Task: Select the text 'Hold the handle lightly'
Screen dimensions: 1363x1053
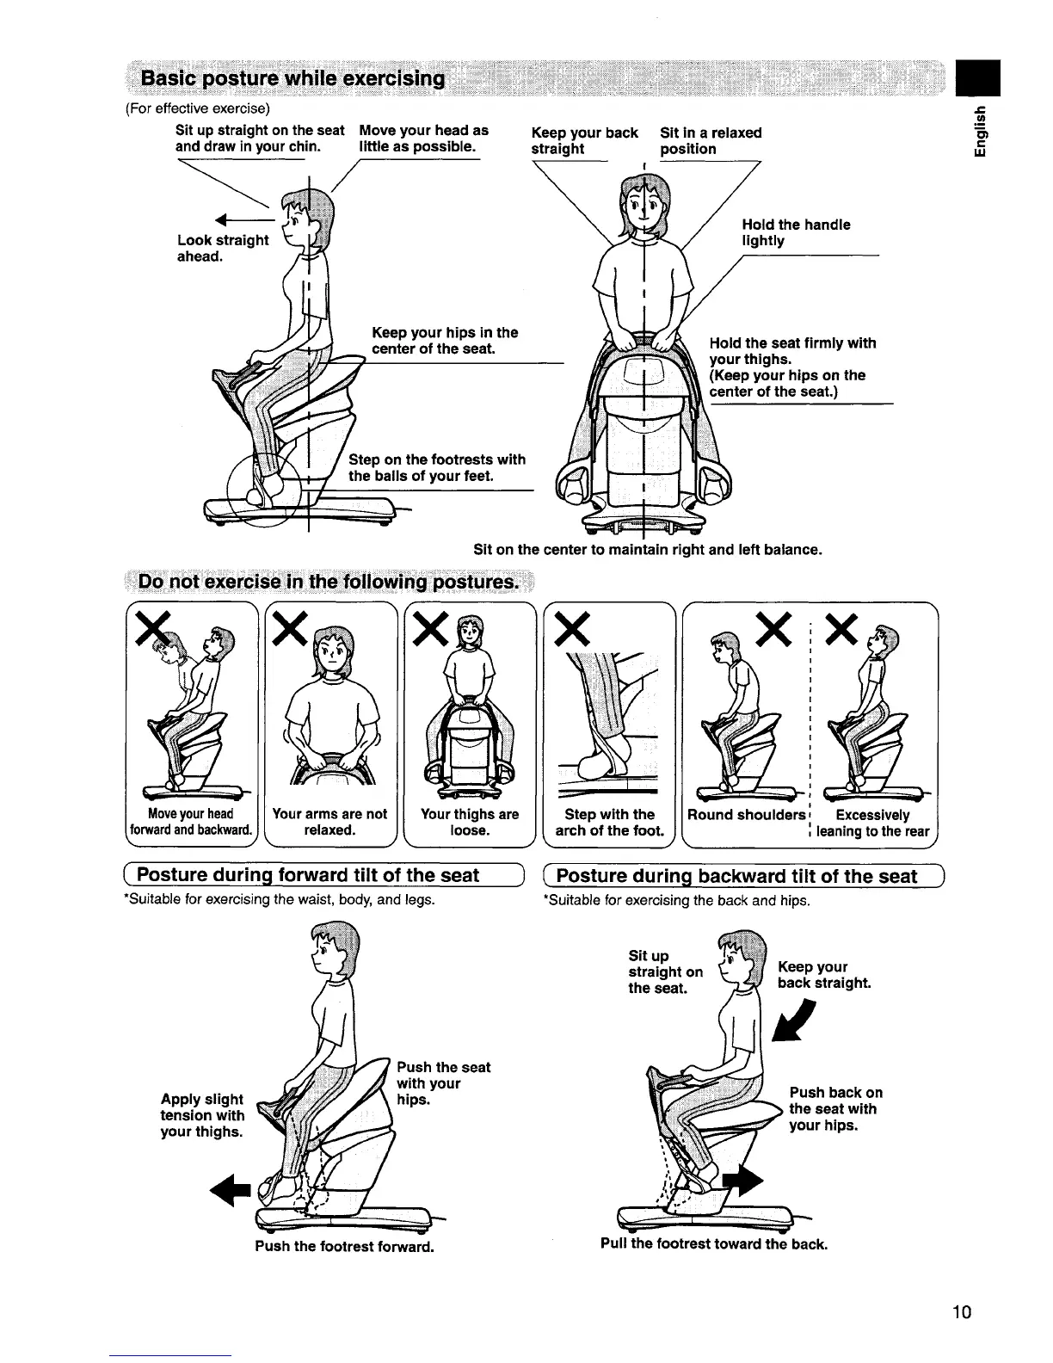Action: click(796, 232)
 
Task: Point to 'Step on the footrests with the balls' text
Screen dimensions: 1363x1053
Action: click(436, 468)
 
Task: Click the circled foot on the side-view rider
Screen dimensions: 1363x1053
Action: click(267, 487)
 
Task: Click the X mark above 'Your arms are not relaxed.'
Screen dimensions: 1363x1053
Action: click(292, 637)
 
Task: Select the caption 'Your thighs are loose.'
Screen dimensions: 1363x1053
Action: click(470, 822)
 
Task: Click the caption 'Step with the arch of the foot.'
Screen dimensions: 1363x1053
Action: click(610, 822)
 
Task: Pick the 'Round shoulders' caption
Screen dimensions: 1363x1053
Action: click(744, 814)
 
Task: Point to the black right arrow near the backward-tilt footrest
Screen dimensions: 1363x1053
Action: click(741, 1185)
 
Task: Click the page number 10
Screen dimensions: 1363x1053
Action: click(961, 1312)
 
